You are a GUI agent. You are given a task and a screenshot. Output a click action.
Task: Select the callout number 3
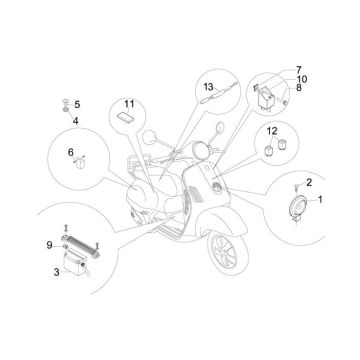click(x=57, y=267)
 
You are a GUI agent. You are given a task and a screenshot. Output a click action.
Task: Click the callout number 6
click(x=71, y=153)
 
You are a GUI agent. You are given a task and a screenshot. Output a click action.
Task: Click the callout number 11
click(x=128, y=103)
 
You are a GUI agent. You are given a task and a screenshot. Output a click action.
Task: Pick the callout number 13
click(x=209, y=87)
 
